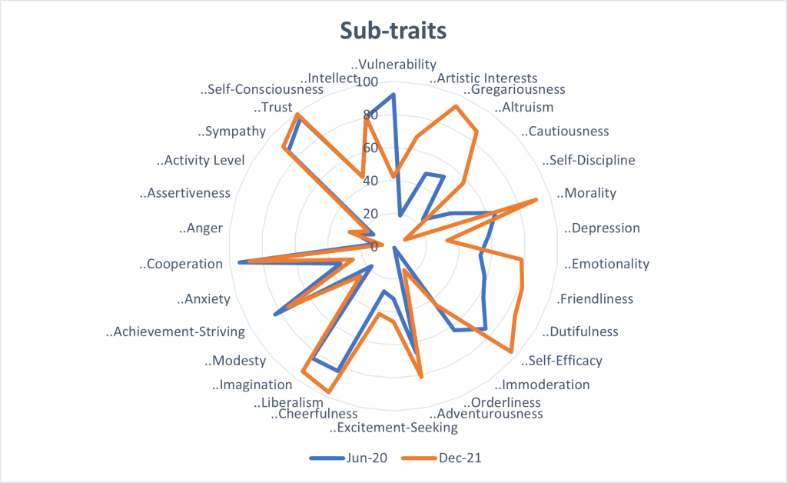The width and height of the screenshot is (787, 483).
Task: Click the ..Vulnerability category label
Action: [x=393, y=65]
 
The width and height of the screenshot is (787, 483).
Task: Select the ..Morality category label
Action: [x=586, y=193]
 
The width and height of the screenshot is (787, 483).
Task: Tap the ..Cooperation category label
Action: [x=181, y=264]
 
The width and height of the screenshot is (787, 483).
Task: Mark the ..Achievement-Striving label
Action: [x=175, y=332]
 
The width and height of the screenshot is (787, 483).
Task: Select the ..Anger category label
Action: [x=201, y=228]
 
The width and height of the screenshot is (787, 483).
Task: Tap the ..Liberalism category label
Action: [x=288, y=402]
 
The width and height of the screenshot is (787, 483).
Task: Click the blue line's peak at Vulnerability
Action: [x=393, y=95]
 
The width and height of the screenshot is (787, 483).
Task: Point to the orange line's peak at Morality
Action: [x=536, y=200]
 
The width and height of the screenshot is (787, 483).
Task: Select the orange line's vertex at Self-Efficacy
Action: [x=511, y=352]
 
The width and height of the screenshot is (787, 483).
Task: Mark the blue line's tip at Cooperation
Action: [x=241, y=263]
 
